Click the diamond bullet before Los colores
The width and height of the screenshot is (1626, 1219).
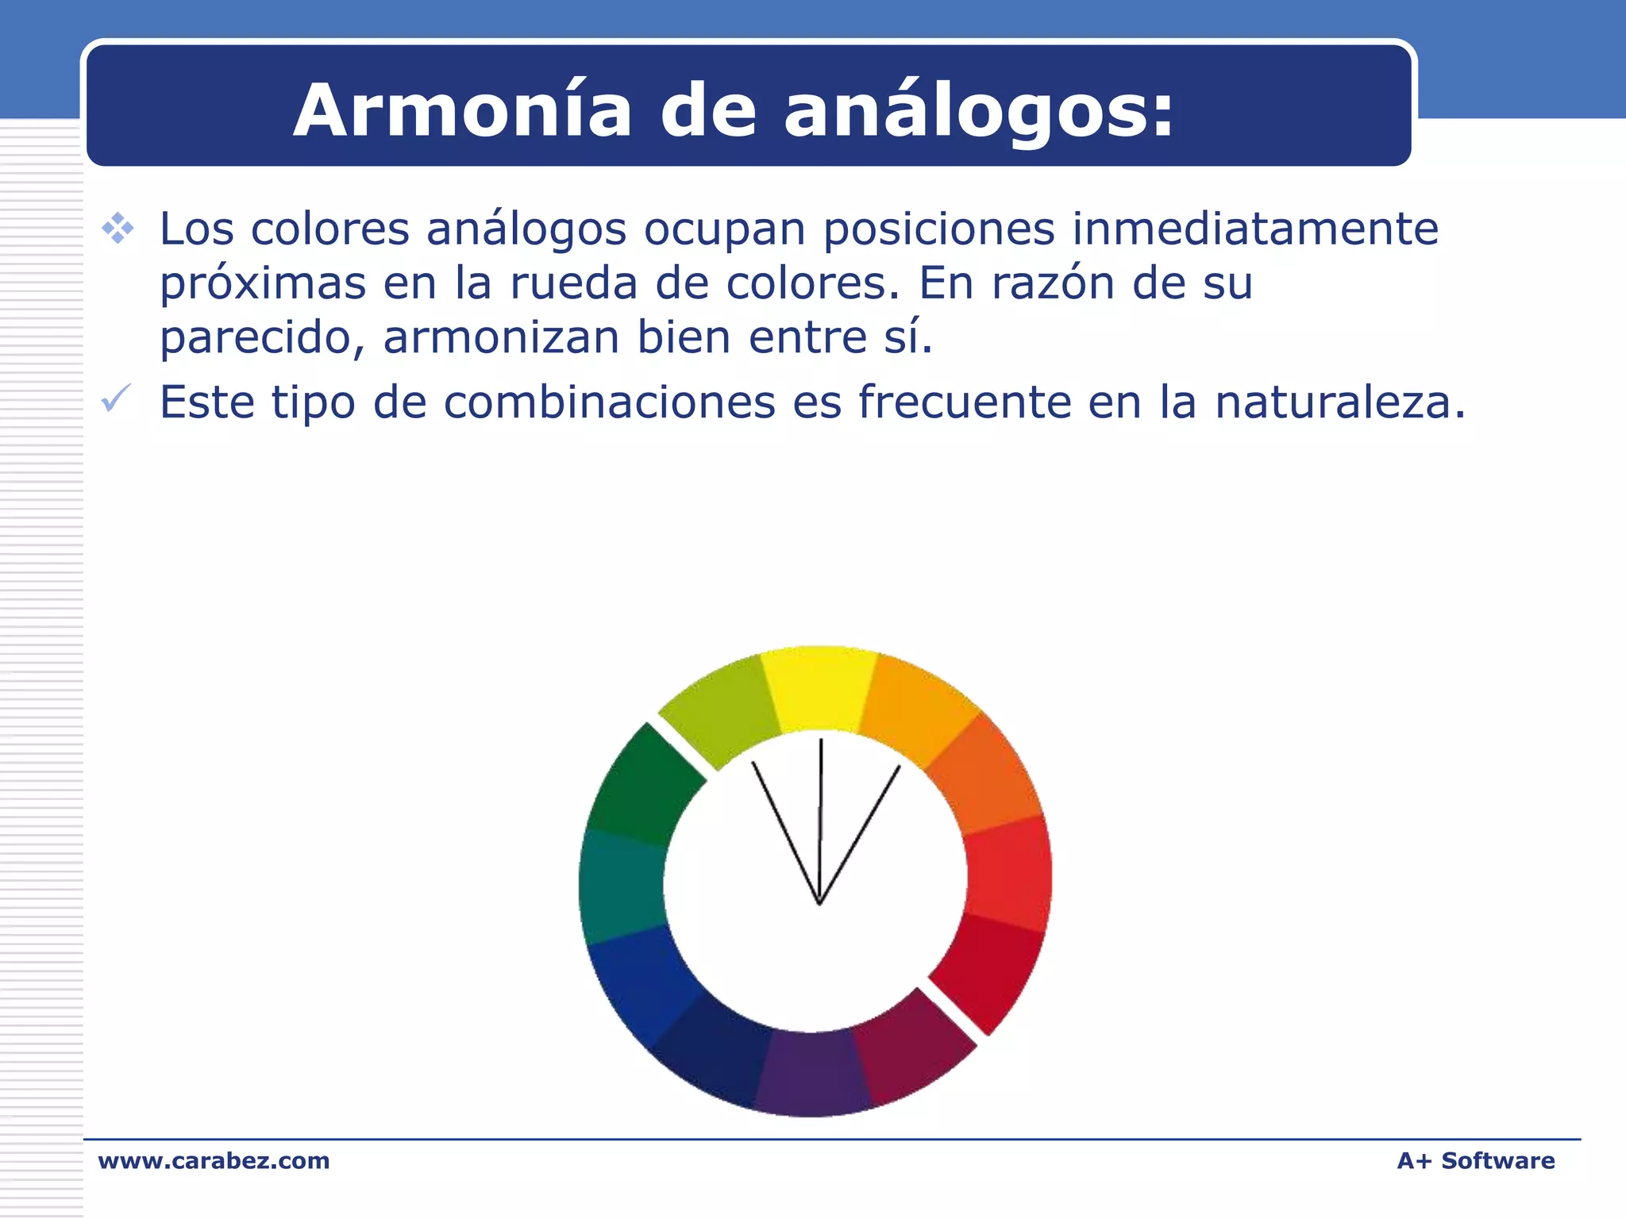point(118,229)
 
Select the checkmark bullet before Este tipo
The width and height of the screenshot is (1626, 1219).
point(116,399)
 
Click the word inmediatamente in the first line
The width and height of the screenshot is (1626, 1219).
point(1254,229)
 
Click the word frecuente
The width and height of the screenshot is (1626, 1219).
point(964,402)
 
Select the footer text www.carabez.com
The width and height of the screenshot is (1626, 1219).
point(214,1161)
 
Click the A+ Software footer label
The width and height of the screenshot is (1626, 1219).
point(1475,1161)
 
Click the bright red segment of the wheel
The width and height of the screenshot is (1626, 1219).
point(1008,873)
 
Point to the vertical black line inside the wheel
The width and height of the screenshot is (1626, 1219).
point(820,817)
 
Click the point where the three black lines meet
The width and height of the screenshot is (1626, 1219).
point(819,903)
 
